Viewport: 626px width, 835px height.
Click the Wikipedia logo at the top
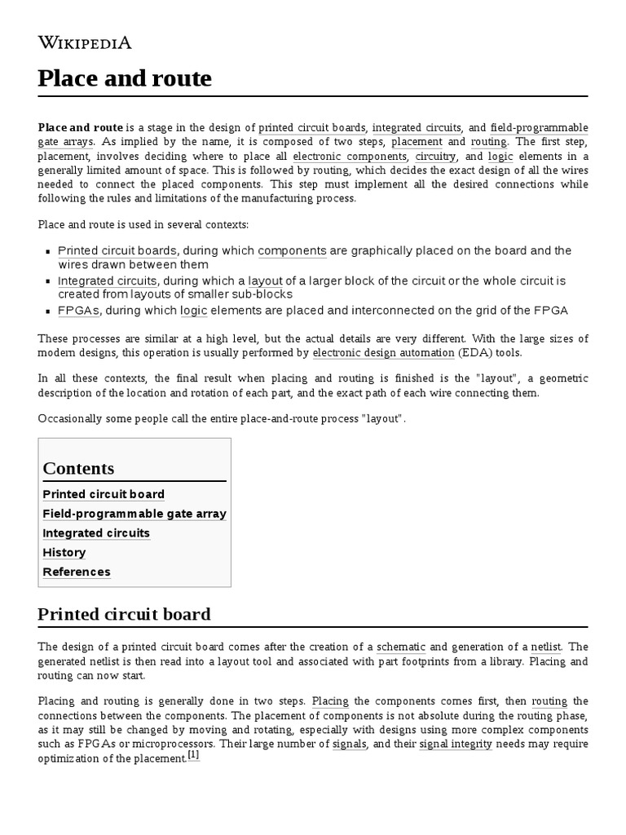coord(85,43)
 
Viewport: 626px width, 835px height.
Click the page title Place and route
coord(125,78)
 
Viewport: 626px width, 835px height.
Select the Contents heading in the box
coord(78,468)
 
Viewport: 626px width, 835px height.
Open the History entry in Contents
coord(64,552)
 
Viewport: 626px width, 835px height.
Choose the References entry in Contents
coord(77,572)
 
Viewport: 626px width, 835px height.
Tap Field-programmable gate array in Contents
coord(134,514)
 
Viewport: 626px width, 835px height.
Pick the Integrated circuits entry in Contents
coord(96,532)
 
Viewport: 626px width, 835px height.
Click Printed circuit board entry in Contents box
coord(104,494)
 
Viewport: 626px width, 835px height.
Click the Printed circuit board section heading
coord(124,614)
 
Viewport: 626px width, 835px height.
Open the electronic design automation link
coord(383,352)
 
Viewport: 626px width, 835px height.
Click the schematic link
coord(399,646)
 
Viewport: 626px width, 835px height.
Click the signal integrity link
coord(455,744)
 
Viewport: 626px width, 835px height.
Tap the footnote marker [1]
coord(193,755)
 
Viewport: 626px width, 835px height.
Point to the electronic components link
coord(350,156)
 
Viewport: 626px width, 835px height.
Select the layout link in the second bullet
coord(265,281)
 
